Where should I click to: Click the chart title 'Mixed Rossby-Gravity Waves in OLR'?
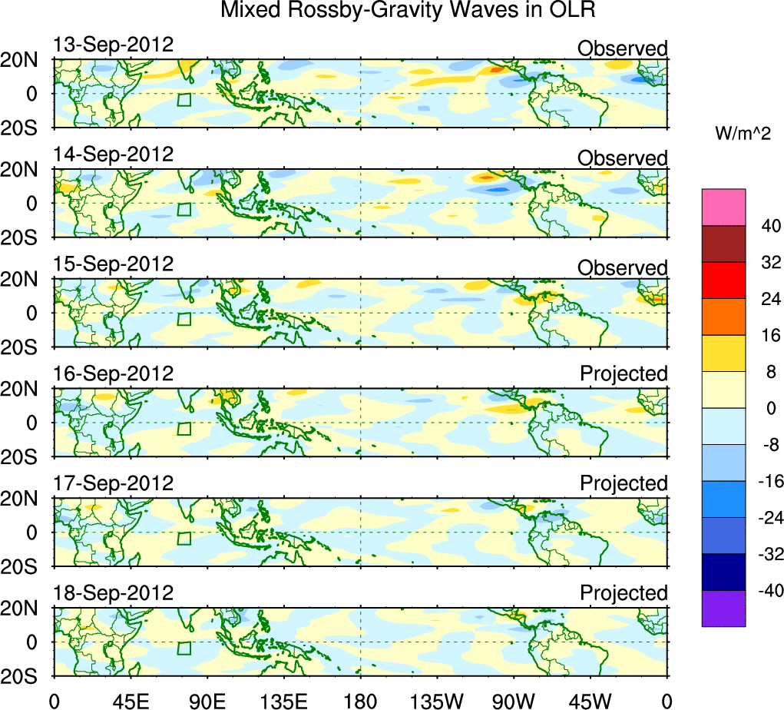pos(408,11)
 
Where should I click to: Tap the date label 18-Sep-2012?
pos(114,593)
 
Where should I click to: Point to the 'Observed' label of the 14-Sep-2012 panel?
pos(623,158)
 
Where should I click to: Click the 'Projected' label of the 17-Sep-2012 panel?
pos(624,483)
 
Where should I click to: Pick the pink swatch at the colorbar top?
pos(723,207)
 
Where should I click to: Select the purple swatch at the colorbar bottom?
pos(723,609)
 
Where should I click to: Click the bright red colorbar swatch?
pos(723,280)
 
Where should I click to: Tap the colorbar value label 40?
pos(769,226)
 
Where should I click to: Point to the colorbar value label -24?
pos(768,481)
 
